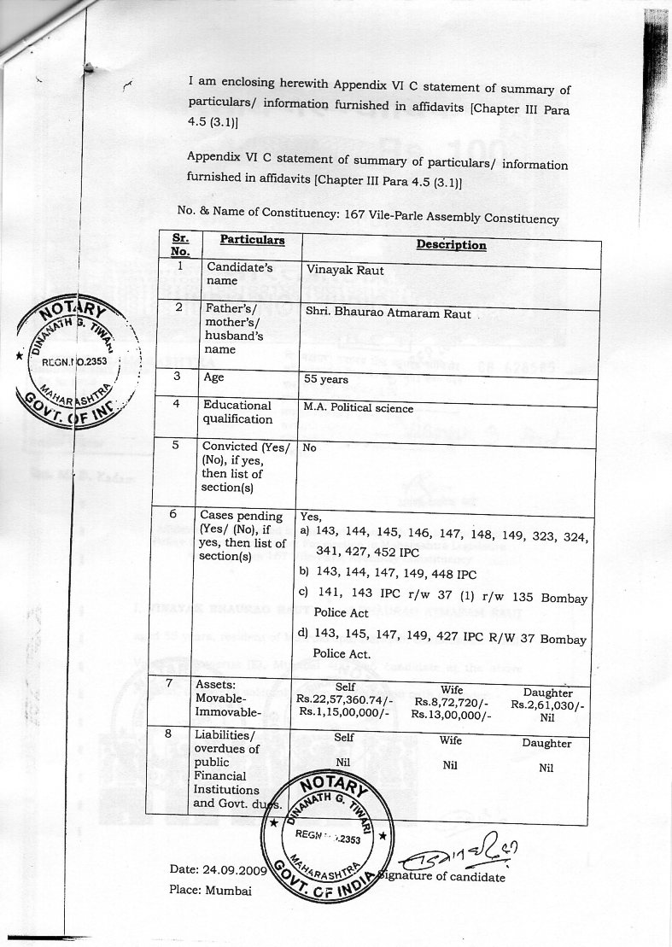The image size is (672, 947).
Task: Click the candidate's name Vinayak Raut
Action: [x=345, y=271]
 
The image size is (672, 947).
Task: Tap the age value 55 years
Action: [x=326, y=379]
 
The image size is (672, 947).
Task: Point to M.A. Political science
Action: [x=359, y=408]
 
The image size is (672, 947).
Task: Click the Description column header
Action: [x=451, y=245]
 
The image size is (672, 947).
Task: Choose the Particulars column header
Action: [x=252, y=240]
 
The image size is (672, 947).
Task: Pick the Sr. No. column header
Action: [x=180, y=245]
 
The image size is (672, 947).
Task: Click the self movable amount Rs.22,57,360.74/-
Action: [x=344, y=698]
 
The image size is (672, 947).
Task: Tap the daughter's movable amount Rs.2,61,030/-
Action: [x=547, y=706]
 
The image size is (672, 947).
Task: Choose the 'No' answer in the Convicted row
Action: [x=309, y=447]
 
